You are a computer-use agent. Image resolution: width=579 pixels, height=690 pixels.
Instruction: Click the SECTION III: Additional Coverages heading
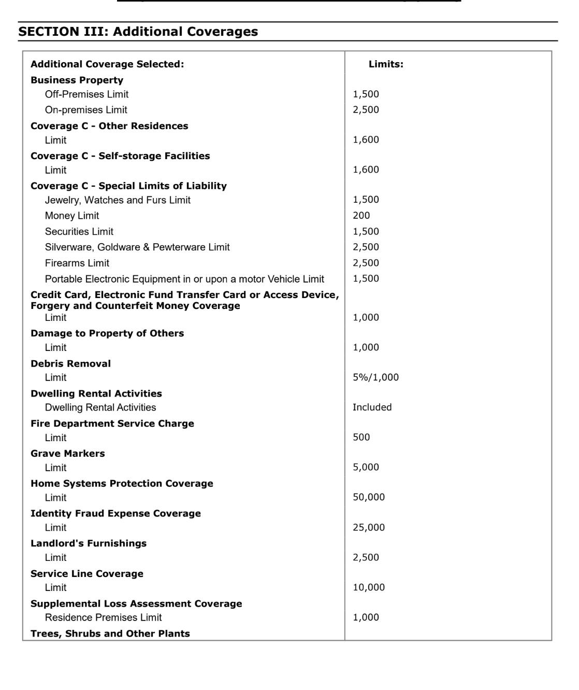click(138, 32)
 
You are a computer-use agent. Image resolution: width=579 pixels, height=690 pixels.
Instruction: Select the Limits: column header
click(386, 64)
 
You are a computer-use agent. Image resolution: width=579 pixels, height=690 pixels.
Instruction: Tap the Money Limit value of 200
click(361, 216)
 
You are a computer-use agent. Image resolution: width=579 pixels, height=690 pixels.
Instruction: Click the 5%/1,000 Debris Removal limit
click(375, 377)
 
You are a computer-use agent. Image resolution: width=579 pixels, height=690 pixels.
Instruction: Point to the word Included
click(372, 407)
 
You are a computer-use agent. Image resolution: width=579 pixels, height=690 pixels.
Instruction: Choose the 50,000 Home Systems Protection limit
click(369, 497)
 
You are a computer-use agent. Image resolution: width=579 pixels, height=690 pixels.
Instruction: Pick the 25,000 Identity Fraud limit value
click(369, 528)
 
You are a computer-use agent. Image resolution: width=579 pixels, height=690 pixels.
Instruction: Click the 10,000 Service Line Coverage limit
click(369, 587)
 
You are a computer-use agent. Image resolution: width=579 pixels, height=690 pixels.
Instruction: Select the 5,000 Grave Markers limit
click(366, 467)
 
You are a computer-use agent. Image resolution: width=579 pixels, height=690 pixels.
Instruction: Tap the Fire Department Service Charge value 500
click(361, 438)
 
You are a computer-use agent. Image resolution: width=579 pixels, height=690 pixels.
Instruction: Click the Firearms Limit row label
click(77, 263)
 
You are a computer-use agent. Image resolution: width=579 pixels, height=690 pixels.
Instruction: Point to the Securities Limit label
click(79, 232)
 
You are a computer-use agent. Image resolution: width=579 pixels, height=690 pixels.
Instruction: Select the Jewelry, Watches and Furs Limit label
click(118, 200)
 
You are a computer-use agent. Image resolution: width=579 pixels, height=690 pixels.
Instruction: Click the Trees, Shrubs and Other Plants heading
click(110, 633)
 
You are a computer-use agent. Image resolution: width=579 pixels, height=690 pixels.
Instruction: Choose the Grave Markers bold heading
click(68, 454)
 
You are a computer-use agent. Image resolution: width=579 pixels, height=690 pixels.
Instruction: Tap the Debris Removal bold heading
click(71, 364)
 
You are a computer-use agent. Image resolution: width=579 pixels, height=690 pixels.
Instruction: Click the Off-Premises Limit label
click(86, 94)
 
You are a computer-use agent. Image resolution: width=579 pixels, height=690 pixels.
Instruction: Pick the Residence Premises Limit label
click(103, 617)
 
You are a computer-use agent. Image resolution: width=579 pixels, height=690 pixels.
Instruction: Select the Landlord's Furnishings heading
click(89, 543)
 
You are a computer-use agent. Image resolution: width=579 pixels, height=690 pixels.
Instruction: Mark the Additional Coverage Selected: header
click(107, 64)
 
